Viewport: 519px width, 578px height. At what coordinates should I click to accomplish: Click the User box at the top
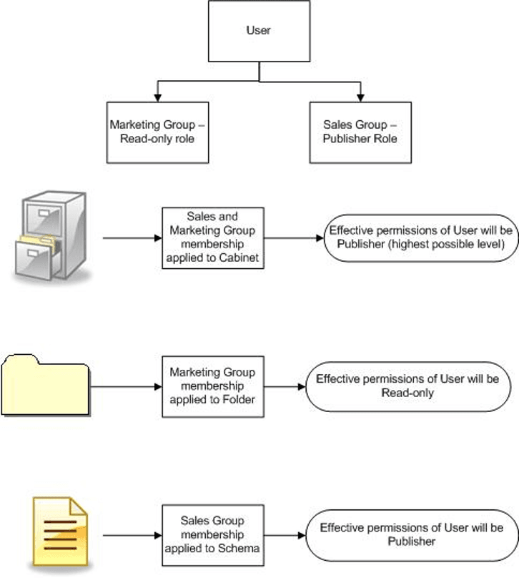(259, 31)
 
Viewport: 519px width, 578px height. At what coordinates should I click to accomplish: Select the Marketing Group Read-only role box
(157, 132)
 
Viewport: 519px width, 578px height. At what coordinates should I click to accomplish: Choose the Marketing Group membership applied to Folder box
(212, 386)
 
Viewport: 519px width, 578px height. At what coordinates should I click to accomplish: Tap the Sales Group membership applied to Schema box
(212, 534)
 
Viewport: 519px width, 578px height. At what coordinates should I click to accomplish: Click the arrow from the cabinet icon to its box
(132, 237)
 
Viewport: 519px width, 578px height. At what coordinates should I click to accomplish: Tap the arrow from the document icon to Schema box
(132, 534)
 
